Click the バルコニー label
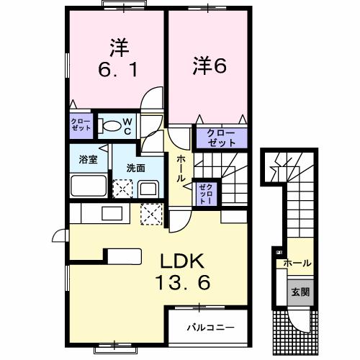[211, 327]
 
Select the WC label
[127, 126]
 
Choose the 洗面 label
[135, 167]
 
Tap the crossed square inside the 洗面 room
[123, 189]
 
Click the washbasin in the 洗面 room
[149, 190]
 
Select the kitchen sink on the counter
[112, 213]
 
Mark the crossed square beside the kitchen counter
[152, 213]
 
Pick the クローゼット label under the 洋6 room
[220, 137]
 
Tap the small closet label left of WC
[81, 123]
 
